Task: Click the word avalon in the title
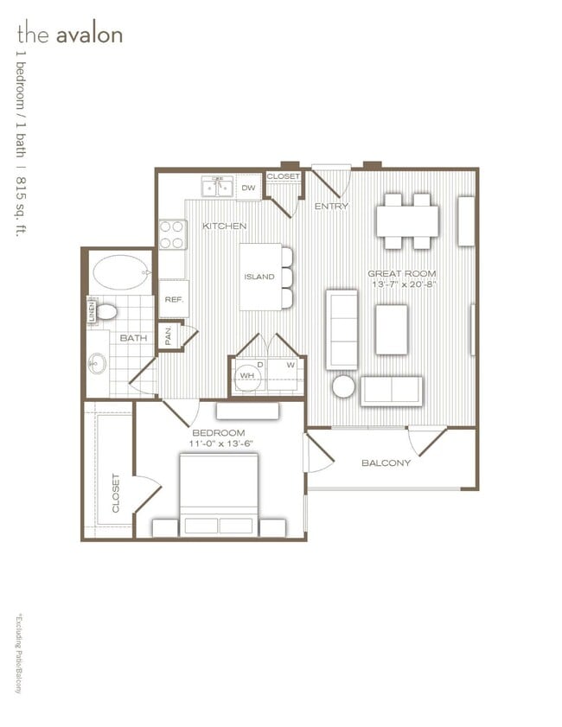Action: (x=89, y=35)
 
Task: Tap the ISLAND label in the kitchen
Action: (x=259, y=277)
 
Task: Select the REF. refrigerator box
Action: (x=173, y=298)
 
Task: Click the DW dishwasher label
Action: (x=248, y=188)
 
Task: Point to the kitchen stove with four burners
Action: (x=172, y=234)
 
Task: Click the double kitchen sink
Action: (x=217, y=187)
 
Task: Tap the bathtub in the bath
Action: (x=119, y=272)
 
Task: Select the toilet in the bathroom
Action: (x=106, y=311)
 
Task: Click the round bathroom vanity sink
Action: (x=95, y=365)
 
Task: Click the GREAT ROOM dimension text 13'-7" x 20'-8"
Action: (x=404, y=284)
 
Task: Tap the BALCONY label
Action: (x=386, y=462)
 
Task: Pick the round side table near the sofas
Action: (x=343, y=386)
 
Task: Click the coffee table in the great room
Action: (x=391, y=329)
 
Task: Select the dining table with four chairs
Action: (x=407, y=220)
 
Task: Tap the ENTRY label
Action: (x=331, y=207)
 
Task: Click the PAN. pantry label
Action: (x=169, y=335)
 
